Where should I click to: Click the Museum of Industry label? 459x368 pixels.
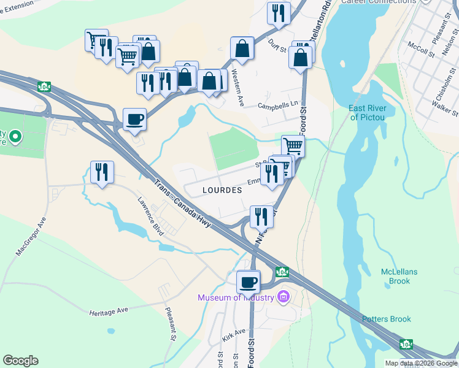coord(236,298)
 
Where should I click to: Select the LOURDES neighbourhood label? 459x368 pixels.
coord(222,190)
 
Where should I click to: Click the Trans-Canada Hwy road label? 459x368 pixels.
coord(183,204)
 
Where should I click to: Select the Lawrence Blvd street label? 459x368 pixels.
coord(151,217)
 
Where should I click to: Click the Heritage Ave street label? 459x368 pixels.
coord(109,311)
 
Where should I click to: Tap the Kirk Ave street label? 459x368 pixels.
coord(234,335)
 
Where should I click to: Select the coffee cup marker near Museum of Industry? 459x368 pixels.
coord(249,282)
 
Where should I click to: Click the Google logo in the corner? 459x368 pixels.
coord(20,361)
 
